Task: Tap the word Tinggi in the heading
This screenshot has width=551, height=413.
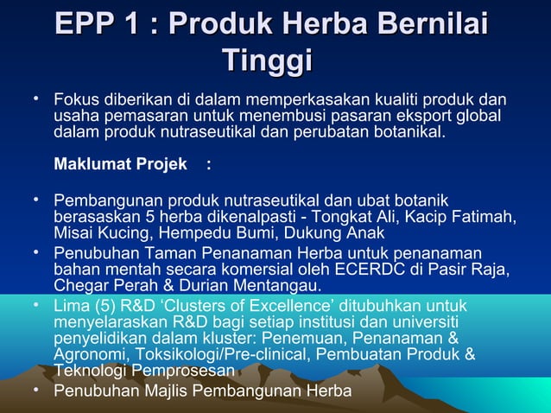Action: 267,62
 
